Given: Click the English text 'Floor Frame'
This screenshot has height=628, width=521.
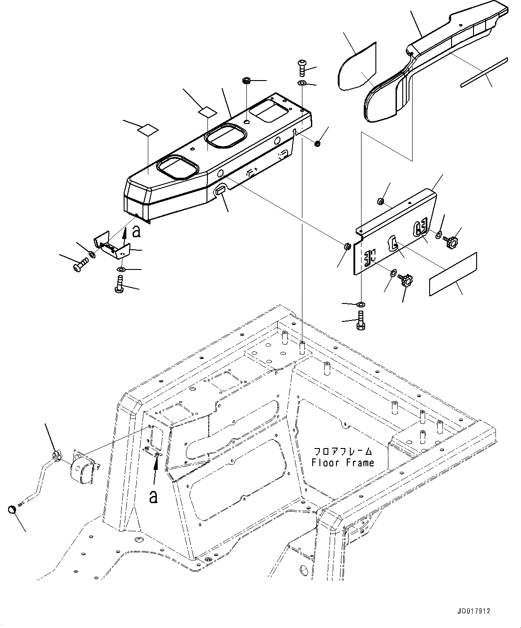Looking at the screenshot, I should tap(343, 462).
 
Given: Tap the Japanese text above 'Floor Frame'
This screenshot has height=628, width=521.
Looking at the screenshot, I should tap(343, 451).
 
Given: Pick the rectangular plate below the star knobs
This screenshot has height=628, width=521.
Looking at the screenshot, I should tap(453, 273).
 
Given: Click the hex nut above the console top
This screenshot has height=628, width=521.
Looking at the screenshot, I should tap(246, 81).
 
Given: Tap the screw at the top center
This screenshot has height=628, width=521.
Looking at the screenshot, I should tap(301, 68).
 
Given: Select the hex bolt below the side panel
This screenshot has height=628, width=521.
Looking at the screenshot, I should tap(361, 322).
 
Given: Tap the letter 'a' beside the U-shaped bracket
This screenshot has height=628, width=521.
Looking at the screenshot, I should tap(137, 231).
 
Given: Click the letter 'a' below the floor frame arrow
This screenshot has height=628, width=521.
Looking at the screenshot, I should tap(153, 496).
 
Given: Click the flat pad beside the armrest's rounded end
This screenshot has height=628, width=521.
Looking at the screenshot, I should tap(357, 67).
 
